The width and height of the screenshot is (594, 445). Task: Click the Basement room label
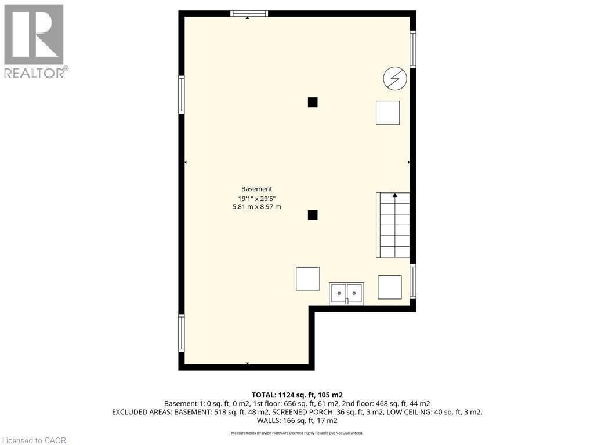click(x=256, y=189)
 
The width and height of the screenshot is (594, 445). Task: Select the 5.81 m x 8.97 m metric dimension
click(x=256, y=207)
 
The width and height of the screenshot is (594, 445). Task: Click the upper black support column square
click(x=313, y=103)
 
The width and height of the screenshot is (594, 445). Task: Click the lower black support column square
click(x=313, y=215)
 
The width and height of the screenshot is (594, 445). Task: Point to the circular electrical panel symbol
click(x=395, y=79)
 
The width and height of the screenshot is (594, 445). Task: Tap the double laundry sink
click(x=346, y=294)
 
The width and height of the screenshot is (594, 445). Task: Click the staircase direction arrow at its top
click(x=395, y=196)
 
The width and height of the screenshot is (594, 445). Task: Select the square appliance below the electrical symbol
click(x=387, y=112)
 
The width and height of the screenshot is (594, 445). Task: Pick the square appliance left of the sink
click(x=307, y=278)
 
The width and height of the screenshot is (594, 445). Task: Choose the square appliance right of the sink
click(x=389, y=287)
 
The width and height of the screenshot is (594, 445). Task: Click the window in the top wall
click(x=249, y=13)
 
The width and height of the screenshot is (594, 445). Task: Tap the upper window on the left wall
click(x=182, y=95)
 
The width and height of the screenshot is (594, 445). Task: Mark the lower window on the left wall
click(x=182, y=333)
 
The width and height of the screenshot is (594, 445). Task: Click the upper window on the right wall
click(x=413, y=49)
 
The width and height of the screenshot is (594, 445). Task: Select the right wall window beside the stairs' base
click(x=413, y=282)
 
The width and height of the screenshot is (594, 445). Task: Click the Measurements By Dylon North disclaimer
click(x=296, y=433)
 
